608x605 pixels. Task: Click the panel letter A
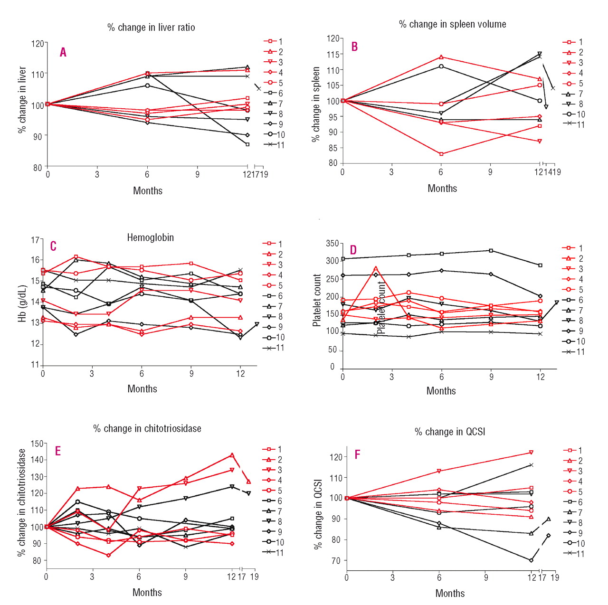tap(63, 52)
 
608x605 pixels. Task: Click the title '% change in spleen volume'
tap(452, 24)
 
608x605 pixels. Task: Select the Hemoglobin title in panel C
tap(150, 237)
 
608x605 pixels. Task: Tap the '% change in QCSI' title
tap(450, 432)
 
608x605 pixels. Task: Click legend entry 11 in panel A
tap(274, 145)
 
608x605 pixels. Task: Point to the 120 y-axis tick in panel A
tap(38, 44)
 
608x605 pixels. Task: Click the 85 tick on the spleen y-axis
tap(333, 148)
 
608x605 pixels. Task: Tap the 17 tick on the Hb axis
tap(35, 240)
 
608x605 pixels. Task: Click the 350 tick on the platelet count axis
tap(332, 244)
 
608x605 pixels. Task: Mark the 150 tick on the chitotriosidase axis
tap(37, 444)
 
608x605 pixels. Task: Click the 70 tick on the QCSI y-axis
tap(336, 561)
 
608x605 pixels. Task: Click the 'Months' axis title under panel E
tap(147, 592)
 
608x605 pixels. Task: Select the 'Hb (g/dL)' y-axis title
tap(22, 304)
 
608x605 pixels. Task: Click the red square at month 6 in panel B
tap(441, 154)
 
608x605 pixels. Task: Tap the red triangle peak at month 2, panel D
tap(376, 268)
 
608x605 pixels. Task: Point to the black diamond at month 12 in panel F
tap(531, 560)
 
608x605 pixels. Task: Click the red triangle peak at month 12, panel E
tap(232, 455)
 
